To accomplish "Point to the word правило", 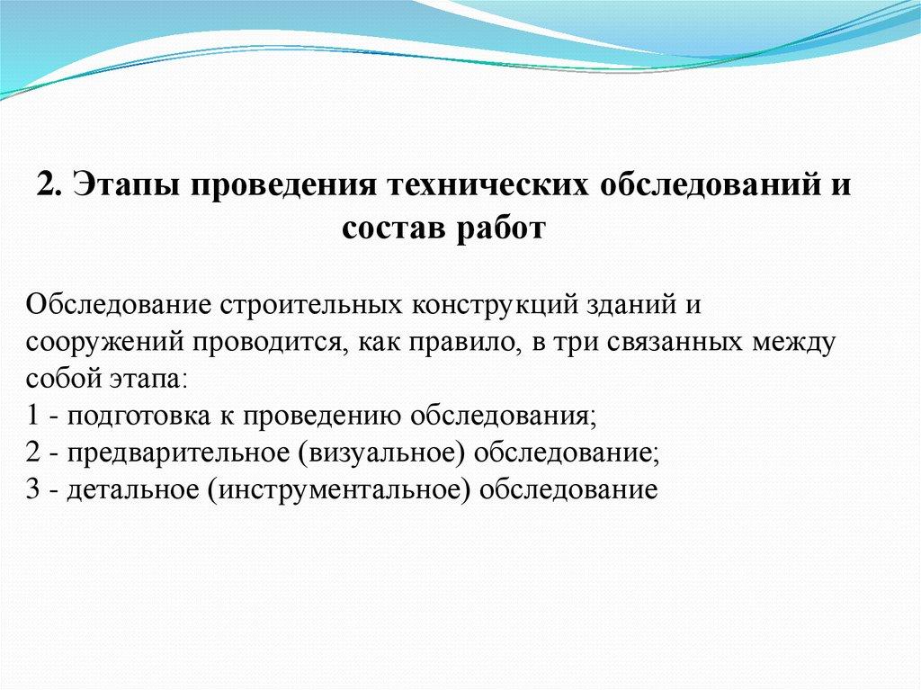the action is point(460,343).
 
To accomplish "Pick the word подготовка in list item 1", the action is point(139,417).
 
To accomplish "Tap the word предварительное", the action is point(179,454).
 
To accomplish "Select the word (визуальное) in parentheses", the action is point(381,453).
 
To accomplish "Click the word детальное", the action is point(133,490).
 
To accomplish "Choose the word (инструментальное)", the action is point(339,490).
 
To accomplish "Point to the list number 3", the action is point(33,490).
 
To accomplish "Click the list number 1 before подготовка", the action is point(33,417).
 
